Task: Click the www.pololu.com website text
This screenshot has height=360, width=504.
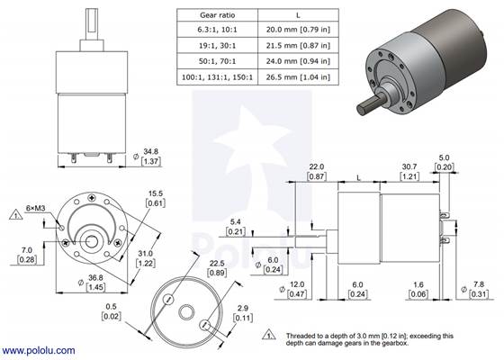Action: (x=39, y=349)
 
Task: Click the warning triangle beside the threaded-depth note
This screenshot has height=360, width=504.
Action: (x=269, y=335)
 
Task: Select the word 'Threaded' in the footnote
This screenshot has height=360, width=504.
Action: (x=300, y=331)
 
